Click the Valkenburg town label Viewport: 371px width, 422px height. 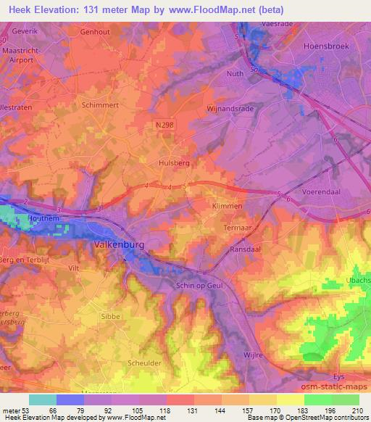pyautogui.click(x=119, y=245)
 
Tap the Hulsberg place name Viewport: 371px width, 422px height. pyautogui.click(x=174, y=163)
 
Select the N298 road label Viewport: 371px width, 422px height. pyautogui.click(x=164, y=125)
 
